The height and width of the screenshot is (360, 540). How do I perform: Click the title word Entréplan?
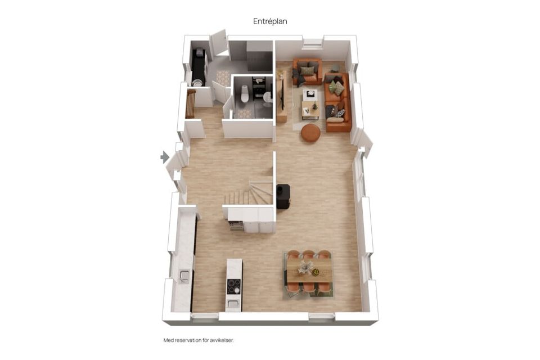[270, 21]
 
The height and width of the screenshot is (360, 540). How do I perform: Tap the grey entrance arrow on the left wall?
[165, 157]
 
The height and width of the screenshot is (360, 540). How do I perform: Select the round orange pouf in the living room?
[310, 133]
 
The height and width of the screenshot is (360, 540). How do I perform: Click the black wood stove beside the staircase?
[282, 196]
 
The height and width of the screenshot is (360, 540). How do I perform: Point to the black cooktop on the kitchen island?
[233, 286]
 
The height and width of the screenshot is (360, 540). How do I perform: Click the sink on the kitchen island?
[233, 304]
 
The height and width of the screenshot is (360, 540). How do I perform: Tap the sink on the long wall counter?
[184, 275]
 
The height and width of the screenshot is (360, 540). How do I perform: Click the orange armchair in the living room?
[307, 71]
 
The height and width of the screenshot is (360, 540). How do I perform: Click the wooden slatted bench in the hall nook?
[190, 104]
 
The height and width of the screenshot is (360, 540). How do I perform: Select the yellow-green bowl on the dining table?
[316, 273]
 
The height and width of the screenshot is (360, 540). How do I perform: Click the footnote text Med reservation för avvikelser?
[198, 340]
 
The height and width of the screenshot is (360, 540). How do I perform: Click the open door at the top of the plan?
[218, 43]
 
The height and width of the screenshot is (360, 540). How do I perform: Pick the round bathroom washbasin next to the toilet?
[267, 97]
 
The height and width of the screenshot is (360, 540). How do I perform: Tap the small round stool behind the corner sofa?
[335, 69]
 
